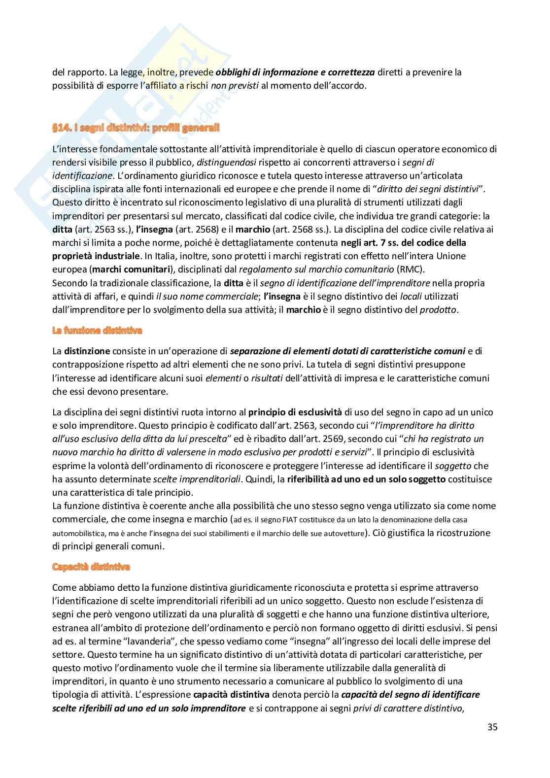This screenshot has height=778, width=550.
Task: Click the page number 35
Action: pyautogui.click(x=492, y=727)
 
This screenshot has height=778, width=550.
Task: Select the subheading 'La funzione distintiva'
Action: pyautogui.click(x=97, y=331)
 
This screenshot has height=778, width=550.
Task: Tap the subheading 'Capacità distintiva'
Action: pyautogui.click(x=91, y=567)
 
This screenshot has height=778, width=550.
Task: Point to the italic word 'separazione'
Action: pyautogui.click(x=254, y=351)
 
